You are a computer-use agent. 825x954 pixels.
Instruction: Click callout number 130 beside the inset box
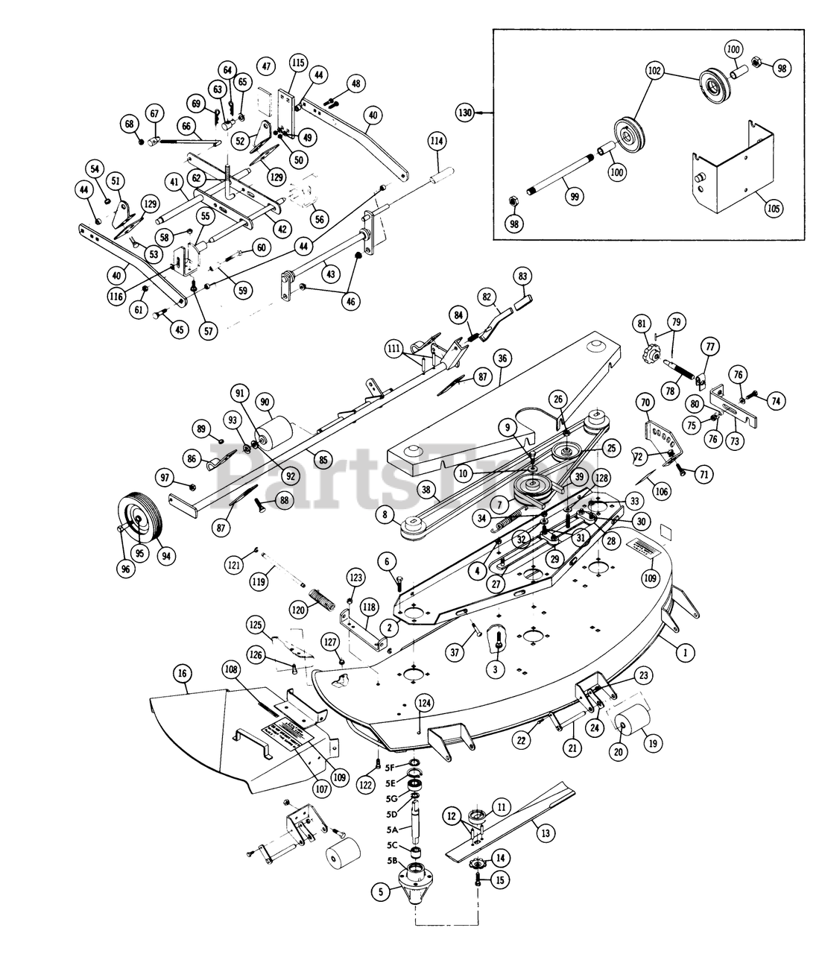[466, 112]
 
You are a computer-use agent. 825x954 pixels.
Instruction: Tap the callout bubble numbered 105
[774, 208]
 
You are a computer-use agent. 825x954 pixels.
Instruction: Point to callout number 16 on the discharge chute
[182, 675]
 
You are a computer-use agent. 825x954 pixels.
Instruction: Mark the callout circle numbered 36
[503, 358]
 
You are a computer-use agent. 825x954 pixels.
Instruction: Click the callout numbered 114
[437, 141]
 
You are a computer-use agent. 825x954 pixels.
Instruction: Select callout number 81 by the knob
[641, 325]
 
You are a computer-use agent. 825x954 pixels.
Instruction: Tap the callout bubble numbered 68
[130, 122]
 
